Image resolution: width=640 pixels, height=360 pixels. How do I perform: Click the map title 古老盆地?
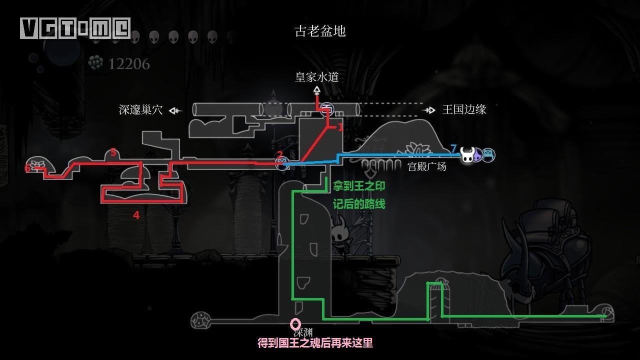click(x=320, y=31)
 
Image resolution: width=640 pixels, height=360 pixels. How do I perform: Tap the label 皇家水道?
click(x=316, y=76)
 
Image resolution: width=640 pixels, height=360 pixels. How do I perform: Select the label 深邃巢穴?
click(x=140, y=110)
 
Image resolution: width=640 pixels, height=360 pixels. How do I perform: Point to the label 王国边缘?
click(x=464, y=109)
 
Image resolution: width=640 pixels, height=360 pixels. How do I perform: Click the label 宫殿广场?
click(x=426, y=166)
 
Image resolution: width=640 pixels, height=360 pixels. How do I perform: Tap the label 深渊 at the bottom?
click(x=303, y=332)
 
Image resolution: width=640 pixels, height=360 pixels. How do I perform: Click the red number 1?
click(x=340, y=127)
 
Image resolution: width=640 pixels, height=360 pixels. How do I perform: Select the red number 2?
click(x=279, y=155)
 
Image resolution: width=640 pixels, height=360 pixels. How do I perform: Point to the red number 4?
click(x=136, y=215)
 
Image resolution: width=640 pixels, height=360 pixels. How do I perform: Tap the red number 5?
click(x=113, y=152)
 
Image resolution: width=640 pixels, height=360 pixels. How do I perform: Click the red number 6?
click(x=27, y=168)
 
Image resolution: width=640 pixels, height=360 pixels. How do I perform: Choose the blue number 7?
click(x=453, y=148)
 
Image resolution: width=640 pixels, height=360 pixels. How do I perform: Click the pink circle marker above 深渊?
click(x=295, y=324)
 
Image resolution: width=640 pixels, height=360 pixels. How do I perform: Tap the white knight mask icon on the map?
click(x=467, y=155)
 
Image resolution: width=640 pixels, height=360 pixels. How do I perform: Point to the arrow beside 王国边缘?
click(x=428, y=110)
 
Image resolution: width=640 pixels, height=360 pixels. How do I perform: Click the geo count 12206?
click(x=129, y=64)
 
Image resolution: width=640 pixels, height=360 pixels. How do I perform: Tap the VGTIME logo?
click(x=75, y=28)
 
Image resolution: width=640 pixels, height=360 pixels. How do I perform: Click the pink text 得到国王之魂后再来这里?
click(x=315, y=343)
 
